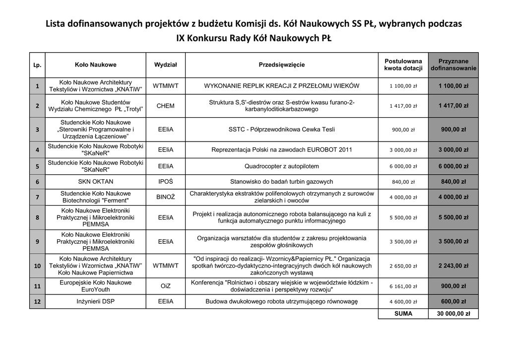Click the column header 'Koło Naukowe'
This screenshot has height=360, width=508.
click(96, 65)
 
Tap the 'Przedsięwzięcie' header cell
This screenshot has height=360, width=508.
click(282, 65)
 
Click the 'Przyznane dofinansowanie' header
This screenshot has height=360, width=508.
click(453, 65)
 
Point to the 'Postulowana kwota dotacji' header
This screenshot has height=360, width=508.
click(403, 65)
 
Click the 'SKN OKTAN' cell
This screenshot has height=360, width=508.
click(96, 182)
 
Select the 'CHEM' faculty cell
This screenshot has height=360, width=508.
click(165, 106)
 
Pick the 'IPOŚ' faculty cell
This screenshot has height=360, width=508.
click(165, 182)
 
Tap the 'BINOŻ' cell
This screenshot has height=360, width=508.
click(165, 197)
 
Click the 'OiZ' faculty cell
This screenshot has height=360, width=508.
click(165, 286)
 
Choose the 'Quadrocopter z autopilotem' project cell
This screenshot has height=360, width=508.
click(282, 166)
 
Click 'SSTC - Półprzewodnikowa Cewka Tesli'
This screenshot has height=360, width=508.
click(282, 130)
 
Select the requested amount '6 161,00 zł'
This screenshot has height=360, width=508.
click(403, 287)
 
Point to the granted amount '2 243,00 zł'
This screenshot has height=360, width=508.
click(453, 266)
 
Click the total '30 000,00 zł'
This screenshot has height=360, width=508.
click(453, 314)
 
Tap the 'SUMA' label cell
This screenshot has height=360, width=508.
click(403, 314)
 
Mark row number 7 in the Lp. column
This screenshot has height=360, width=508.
click(37, 197)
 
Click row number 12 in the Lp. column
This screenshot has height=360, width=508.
click(37, 301)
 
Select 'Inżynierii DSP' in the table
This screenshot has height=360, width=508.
click(96, 301)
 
